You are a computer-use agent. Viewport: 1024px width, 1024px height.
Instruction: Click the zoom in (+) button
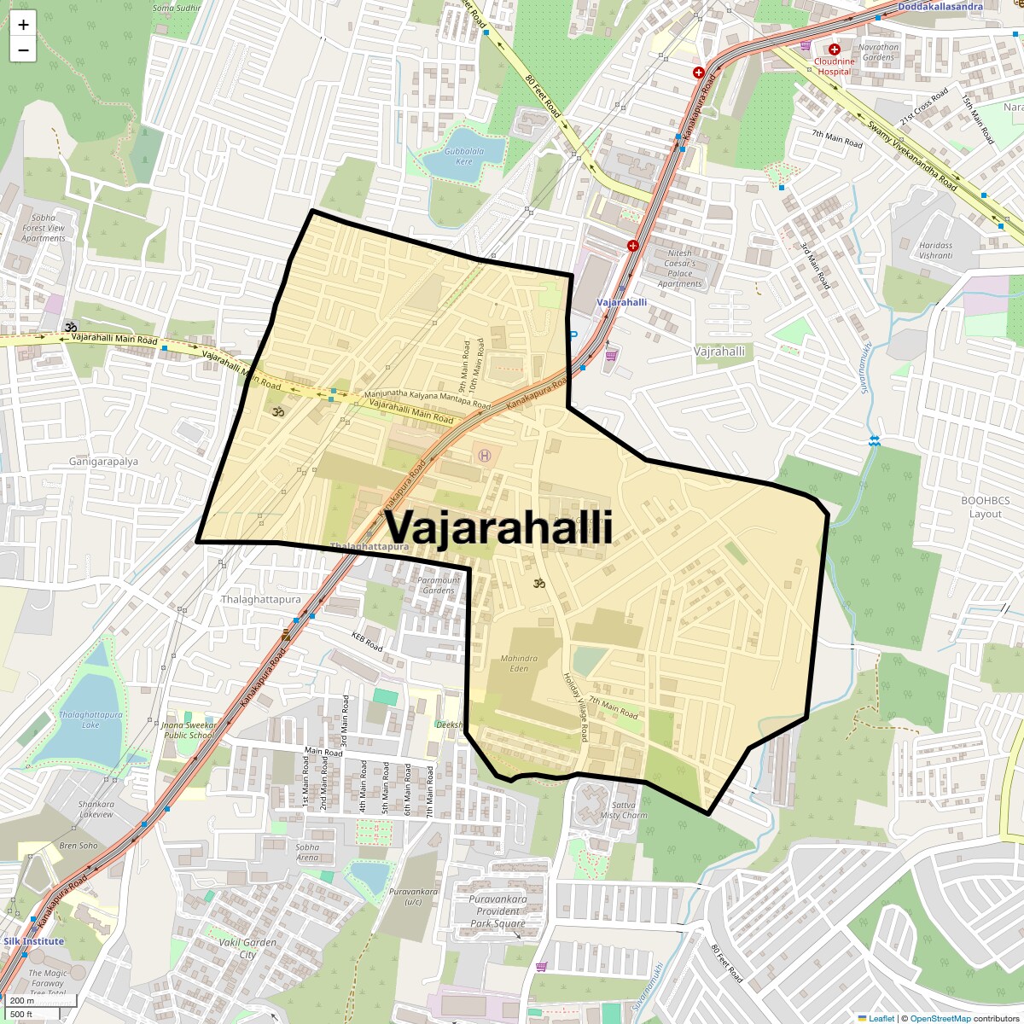pos(23,25)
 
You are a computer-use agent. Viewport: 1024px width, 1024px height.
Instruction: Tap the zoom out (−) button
pos(23,49)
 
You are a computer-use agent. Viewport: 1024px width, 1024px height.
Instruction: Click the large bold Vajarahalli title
pos(498,527)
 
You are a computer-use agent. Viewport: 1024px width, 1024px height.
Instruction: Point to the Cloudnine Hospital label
pos(834,67)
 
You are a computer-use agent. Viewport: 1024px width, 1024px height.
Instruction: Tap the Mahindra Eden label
pos(520,663)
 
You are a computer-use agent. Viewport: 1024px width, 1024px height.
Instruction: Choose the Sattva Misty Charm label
pos(623,810)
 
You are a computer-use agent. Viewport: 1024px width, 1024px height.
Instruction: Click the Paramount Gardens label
pos(439,585)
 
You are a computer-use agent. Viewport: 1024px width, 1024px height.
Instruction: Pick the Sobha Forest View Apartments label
pos(44,228)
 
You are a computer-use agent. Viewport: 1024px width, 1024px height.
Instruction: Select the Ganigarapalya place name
pos(103,462)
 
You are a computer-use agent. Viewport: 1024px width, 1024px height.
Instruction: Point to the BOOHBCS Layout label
pos(985,507)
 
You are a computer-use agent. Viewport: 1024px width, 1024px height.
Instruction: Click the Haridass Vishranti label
pos(936,250)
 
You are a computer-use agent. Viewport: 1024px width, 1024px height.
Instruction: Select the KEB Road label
pos(368,641)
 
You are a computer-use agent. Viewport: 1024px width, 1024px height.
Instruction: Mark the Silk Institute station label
pos(32,941)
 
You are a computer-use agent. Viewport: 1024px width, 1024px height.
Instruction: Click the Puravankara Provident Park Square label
pos(497,911)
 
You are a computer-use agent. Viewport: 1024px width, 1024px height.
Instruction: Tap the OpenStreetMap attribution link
pos(940,1018)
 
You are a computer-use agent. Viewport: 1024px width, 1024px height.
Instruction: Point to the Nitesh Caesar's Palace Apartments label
pos(680,268)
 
